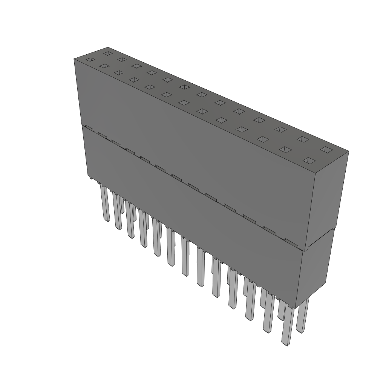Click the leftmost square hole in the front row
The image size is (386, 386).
[x=90, y=60]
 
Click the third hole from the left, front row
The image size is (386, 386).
[x=119, y=73]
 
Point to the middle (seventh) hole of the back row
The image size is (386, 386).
[x=202, y=94]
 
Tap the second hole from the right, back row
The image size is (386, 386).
[x=302, y=139]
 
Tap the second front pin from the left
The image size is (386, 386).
[x=117, y=211]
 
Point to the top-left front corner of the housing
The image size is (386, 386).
[x=74, y=60]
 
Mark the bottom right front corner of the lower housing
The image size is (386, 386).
[x=296, y=307]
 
